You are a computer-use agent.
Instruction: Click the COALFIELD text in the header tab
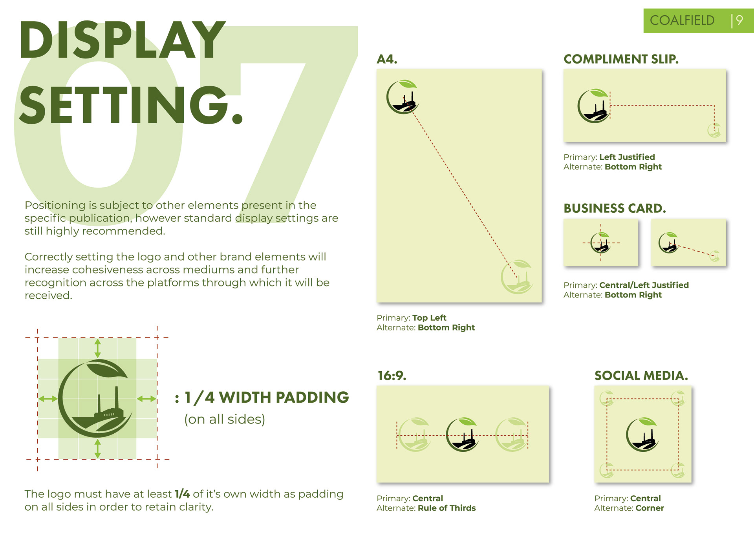(682, 20)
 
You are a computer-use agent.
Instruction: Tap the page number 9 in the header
(739, 20)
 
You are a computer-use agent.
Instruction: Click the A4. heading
(387, 59)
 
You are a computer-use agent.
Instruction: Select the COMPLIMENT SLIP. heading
(621, 59)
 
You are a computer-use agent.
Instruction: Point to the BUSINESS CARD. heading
(615, 208)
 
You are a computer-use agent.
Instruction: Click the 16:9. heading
(392, 376)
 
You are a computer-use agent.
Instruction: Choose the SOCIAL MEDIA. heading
(641, 376)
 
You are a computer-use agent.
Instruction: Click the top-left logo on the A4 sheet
(403, 97)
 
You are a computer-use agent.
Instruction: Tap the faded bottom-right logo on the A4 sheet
(517, 277)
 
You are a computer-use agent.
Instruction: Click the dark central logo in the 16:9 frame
(462, 434)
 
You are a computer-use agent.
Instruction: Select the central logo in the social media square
(642, 434)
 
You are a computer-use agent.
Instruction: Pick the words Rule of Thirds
(447, 508)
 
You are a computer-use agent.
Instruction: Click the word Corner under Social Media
(650, 508)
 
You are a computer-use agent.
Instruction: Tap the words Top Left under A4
(429, 318)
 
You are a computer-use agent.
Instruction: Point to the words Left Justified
(627, 157)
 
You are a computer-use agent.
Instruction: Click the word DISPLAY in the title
(123, 40)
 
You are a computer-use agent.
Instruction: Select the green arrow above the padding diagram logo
(98, 349)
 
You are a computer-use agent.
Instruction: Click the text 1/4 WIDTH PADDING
(267, 398)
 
